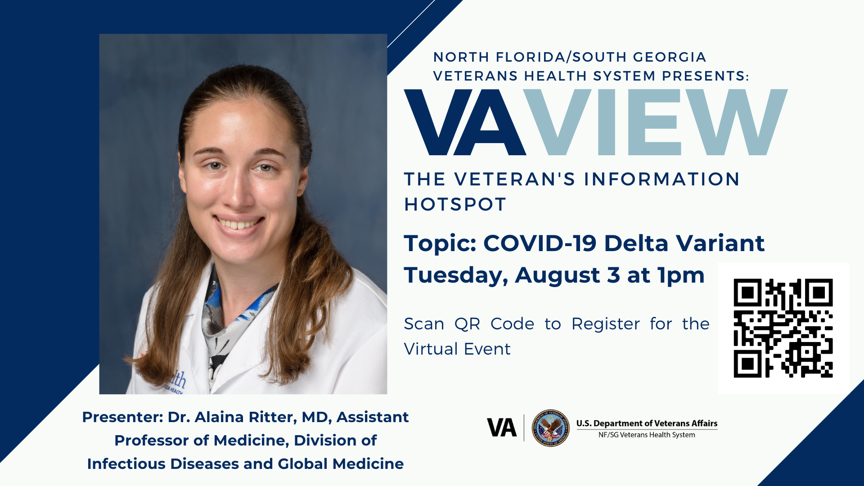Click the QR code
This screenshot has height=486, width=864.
(x=783, y=328)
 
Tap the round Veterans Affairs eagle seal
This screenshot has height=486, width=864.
(x=550, y=428)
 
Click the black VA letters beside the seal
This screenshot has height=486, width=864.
(x=502, y=428)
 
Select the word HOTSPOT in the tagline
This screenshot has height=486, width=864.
(x=455, y=205)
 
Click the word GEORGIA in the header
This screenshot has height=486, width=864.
(x=670, y=57)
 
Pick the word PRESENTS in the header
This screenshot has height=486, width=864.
(x=704, y=76)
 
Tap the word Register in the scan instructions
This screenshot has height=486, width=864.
(x=606, y=324)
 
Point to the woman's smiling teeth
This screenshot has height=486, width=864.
(x=239, y=223)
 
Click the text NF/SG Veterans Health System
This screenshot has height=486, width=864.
(x=647, y=435)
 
